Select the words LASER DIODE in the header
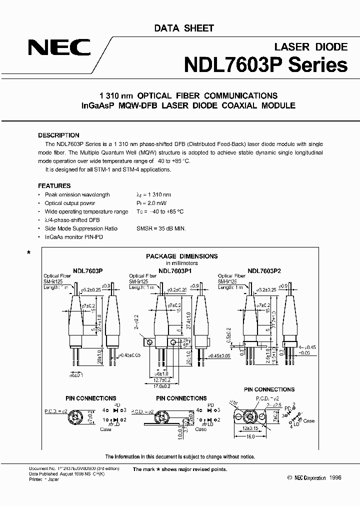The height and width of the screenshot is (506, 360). [x=311, y=47]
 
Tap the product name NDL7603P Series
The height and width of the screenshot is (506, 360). [x=265, y=65]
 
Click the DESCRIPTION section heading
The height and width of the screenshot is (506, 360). [x=58, y=135]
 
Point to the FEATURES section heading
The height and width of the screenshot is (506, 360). [x=54, y=185]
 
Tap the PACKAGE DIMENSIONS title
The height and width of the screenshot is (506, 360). [x=181, y=256]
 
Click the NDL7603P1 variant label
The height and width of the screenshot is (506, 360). [x=175, y=270]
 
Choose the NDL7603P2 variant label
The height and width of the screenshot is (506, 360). [x=264, y=270]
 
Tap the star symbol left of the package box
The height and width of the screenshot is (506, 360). [x=28, y=253]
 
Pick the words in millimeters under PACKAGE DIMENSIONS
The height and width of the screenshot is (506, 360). [x=181, y=263]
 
